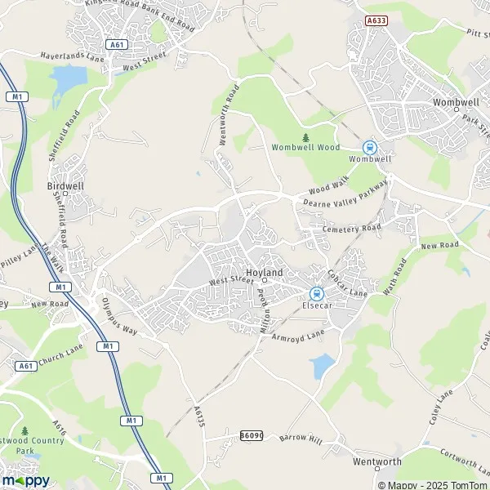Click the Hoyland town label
click(x=264, y=272)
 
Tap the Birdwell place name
click(x=60, y=185)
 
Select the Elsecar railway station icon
click(x=316, y=294)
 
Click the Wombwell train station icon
click(x=370, y=148)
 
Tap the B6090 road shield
click(x=252, y=438)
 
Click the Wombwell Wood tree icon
click(x=305, y=137)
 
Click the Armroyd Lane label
click(x=303, y=334)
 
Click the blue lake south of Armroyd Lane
click(x=323, y=365)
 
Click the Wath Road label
click(x=394, y=279)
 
